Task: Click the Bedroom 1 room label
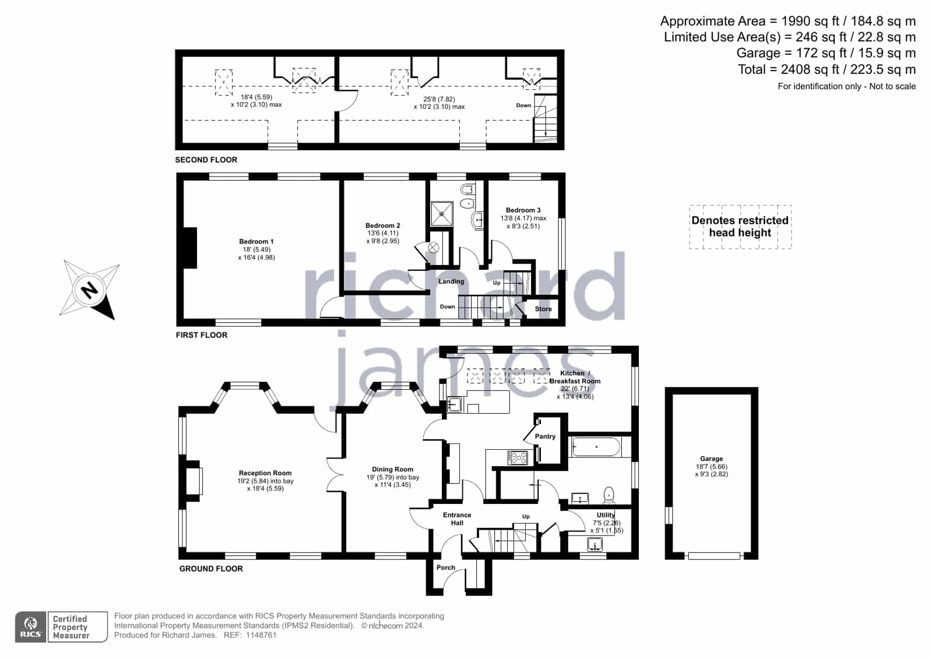[x=256, y=241]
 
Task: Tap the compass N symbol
[x=89, y=290]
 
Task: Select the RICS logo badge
[x=31, y=627]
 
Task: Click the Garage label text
[x=711, y=459]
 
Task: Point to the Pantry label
[x=545, y=436]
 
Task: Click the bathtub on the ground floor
[x=597, y=447]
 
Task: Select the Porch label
[x=446, y=567]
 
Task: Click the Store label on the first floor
[x=543, y=309]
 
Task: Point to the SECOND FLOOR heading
[x=206, y=160]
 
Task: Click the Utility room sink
[x=594, y=544]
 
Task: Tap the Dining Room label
[x=392, y=469]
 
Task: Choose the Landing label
[x=451, y=281]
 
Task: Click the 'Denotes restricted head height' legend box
[x=740, y=227]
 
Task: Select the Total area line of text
[x=827, y=69]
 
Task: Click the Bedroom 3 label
[x=523, y=210]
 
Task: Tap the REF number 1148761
[x=261, y=635]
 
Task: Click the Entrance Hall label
[x=457, y=519]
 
